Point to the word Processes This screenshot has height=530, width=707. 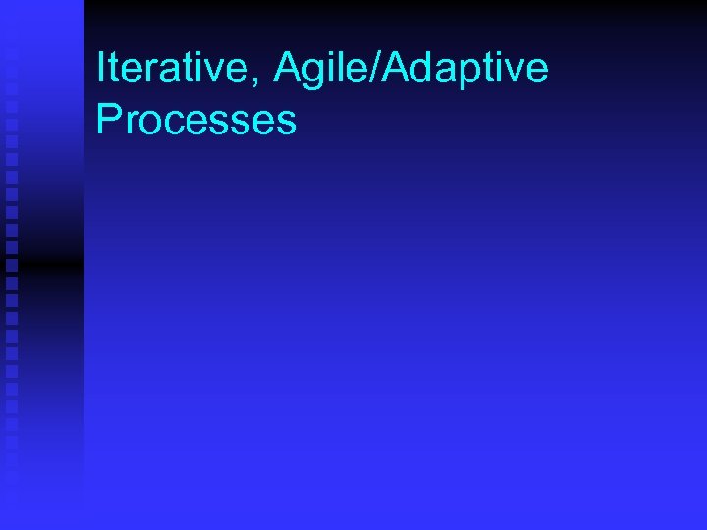click(x=196, y=120)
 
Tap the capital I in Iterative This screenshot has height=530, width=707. click(x=101, y=68)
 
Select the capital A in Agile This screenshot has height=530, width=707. click(x=288, y=68)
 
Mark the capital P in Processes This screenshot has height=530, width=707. click(x=108, y=120)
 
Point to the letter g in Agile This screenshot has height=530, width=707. click(x=315, y=74)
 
